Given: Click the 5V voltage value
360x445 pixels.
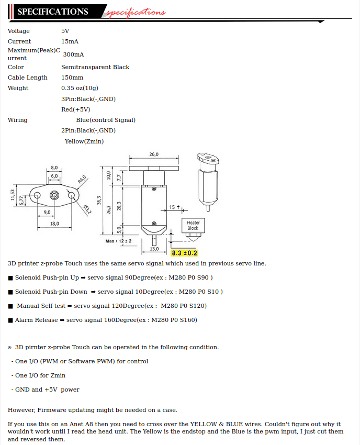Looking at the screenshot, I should (x=65, y=31).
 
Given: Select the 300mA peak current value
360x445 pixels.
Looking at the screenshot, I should (x=73, y=54).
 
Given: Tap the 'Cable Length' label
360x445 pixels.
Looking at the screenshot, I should (x=27, y=77).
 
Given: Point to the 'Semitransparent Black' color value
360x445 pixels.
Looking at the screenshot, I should (x=95, y=67).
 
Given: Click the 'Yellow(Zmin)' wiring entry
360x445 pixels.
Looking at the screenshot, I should (x=84, y=141).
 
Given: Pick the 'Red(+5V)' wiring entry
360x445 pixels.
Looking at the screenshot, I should (x=75, y=109).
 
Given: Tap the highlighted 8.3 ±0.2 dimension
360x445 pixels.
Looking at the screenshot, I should (x=184, y=253).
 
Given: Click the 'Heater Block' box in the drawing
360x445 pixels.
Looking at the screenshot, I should (x=193, y=226).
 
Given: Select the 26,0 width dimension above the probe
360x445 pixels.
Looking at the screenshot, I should (x=154, y=154).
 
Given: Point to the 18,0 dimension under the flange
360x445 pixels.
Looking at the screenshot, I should (x=54, y=224).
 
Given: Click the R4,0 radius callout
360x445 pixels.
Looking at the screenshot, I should (x=82, y=180).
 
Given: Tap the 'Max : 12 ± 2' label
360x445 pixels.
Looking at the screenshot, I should (x=118, y=241).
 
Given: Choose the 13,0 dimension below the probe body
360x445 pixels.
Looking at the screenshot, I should (x=154, y=249).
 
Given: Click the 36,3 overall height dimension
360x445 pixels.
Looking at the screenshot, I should (x=98, y=201).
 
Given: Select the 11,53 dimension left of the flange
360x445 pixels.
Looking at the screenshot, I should (x=13, y=195).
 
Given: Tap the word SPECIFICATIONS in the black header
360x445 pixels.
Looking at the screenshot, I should (x=53, y=12).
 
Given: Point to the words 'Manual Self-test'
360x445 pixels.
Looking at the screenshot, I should (x=41, y=306).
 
